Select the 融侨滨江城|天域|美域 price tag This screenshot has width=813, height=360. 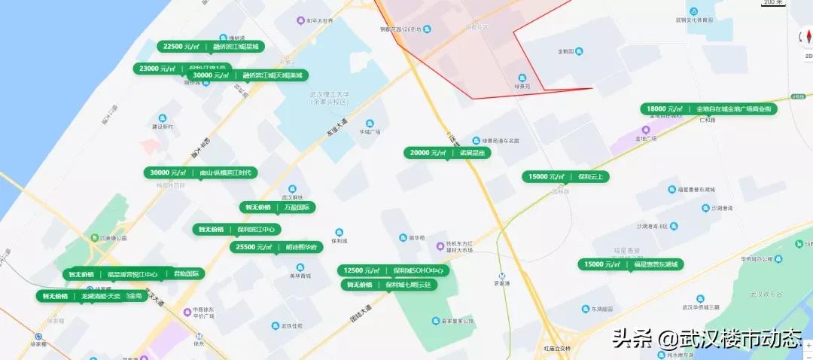(x=248, y=75)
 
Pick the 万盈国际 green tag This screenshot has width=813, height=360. (x=277, y=207)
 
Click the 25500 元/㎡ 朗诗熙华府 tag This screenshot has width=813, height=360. (x=276, y=247)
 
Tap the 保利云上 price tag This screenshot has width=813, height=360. (x=565, y=177)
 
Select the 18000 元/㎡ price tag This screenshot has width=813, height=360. (x=708, y=109)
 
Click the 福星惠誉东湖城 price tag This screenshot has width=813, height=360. (x=632, y=264)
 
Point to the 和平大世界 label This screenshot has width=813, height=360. (x=320, y=21)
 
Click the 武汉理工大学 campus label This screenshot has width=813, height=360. (x=330, y=98)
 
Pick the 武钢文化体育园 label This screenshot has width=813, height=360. (x=693, y=20)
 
